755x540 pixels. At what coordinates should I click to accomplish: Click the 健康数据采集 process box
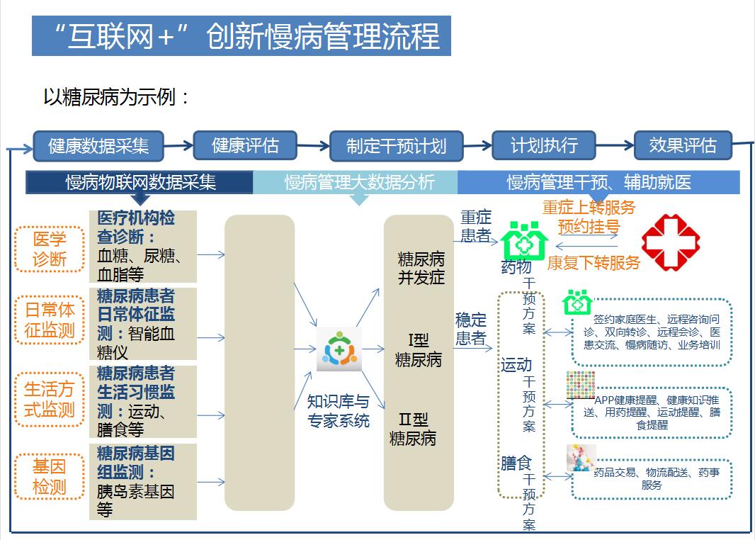[98, 146]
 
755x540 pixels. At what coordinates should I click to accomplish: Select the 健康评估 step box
[245, 146]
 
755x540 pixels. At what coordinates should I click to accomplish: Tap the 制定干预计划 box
[396, 146]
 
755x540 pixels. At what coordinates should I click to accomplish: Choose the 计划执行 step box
[544, 146]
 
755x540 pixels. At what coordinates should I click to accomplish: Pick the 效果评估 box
[683, 146]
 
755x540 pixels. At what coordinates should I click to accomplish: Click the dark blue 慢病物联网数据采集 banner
[140, 182]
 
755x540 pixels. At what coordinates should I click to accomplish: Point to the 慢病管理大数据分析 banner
[359, 182]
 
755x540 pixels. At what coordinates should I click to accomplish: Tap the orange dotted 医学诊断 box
[49, 249]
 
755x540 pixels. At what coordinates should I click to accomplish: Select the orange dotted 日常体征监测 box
[49, 320]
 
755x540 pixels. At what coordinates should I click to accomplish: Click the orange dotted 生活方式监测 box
[49, 399]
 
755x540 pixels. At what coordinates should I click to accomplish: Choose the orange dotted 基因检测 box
[49, 476]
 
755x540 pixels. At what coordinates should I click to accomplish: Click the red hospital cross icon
[670, 242]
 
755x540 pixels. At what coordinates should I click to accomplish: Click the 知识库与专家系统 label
[338, 411]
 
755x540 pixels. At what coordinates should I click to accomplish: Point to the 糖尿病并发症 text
[421, 268]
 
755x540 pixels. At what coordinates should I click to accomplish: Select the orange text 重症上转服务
[589, 208]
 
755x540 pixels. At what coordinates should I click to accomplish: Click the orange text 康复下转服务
[594, 263]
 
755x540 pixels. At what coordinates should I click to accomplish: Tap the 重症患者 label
[476, 226]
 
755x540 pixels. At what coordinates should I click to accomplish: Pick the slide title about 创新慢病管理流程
[242, 36]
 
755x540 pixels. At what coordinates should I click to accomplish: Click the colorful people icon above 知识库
[339, 349]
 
